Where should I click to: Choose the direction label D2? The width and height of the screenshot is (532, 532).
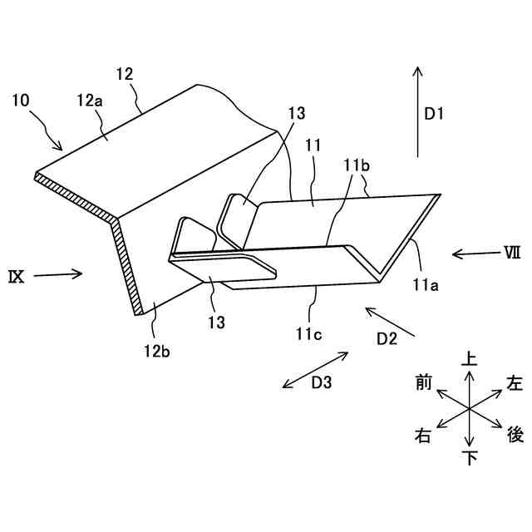click(x=387, y=337)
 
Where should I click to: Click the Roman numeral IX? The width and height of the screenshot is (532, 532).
click(x=17, y=275)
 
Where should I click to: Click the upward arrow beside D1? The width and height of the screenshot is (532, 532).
click(x=416, y=112)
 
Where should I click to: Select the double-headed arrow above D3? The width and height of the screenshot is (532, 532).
click(x=315, y=368)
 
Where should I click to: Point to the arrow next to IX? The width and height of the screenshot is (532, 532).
click(x=58, y=273)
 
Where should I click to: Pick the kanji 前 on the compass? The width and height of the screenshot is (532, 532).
click(x=423, y=383)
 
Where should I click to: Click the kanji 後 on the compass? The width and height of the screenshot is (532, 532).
click(x=515, y=433)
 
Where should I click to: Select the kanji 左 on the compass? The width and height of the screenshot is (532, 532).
click(x=515, y=383)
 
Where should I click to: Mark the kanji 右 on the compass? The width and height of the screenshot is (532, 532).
click(x=423, y=435)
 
